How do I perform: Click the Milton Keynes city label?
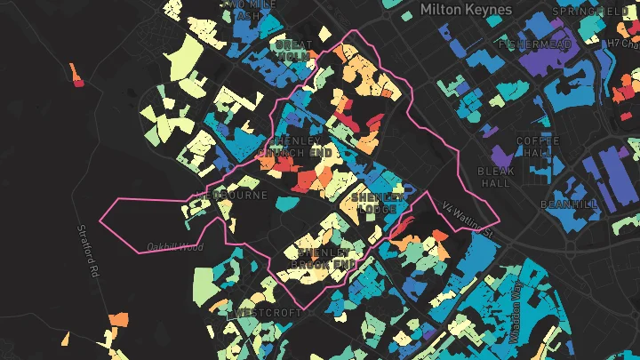click(x=466, y=10)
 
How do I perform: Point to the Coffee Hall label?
click(x=539, y=147)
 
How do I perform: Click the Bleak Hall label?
click(x=495, y=177)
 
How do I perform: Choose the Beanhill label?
click(x=569, y=204)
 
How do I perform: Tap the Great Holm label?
click(x=293, y=50)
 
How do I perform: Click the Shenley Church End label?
click(x=294, y=147)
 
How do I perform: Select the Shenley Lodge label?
click(x=380, y=202)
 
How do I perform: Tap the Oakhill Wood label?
click(x=175, y=246)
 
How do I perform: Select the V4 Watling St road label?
click(x=468, y=217)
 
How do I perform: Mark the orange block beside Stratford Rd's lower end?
click(x=117, y=320)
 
